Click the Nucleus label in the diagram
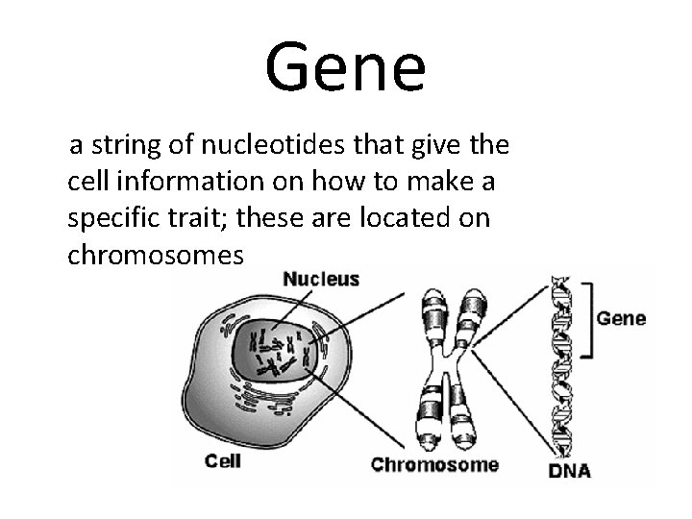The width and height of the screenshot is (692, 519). click(x=321, y=280)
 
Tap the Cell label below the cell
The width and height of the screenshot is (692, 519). click(x=223, y=460)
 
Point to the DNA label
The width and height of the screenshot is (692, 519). click(x=569, y=471)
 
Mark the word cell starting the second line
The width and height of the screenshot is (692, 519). click(x=87, y=182)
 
